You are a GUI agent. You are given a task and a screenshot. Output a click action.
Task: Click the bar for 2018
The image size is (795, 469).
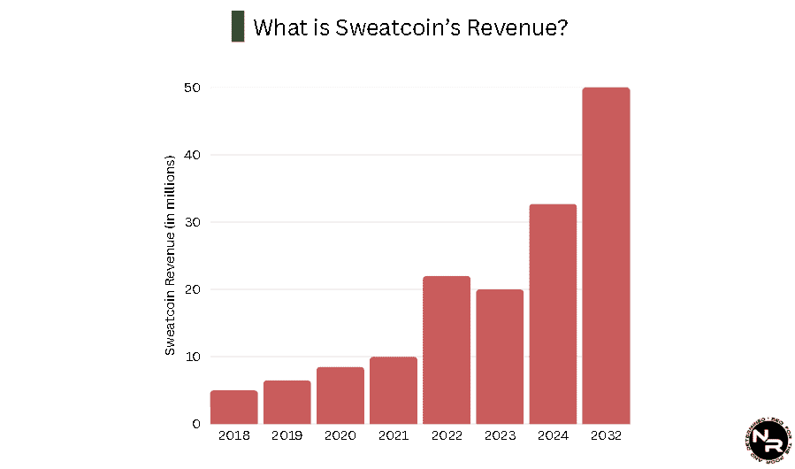click(233, 407)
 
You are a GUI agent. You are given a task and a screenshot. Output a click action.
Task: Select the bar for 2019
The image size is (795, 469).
click(287, 403)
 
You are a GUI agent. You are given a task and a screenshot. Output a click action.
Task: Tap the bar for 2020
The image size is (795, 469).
click(340, 396)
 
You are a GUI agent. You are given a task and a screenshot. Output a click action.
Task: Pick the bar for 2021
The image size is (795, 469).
click(393, 390)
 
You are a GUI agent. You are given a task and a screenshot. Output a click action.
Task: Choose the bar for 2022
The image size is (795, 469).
click(447, 350)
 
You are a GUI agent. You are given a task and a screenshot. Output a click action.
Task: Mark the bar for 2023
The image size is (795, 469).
click(500, 357)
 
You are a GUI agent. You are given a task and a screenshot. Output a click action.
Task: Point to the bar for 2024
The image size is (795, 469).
click(553, 314)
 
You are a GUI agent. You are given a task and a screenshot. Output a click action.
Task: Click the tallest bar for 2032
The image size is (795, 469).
click(606, 256)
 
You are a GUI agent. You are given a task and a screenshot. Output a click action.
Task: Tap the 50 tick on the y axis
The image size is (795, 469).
click(192, 88)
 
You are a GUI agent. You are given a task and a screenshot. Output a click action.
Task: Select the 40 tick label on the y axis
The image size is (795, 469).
click(192, 155)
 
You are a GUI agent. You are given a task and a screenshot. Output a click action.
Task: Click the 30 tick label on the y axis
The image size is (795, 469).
click(192, 222)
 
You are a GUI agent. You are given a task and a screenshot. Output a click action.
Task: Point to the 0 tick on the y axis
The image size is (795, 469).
click(195, 424)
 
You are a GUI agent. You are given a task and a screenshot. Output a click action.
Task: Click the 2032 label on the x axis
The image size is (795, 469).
click(606, 436)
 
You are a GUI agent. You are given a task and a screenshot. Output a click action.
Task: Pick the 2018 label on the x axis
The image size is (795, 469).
click(233, 436)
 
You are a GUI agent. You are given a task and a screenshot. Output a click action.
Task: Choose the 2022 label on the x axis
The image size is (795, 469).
click(447, 436)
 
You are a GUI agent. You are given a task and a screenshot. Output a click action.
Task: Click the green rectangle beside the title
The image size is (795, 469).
click(237, 27)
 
